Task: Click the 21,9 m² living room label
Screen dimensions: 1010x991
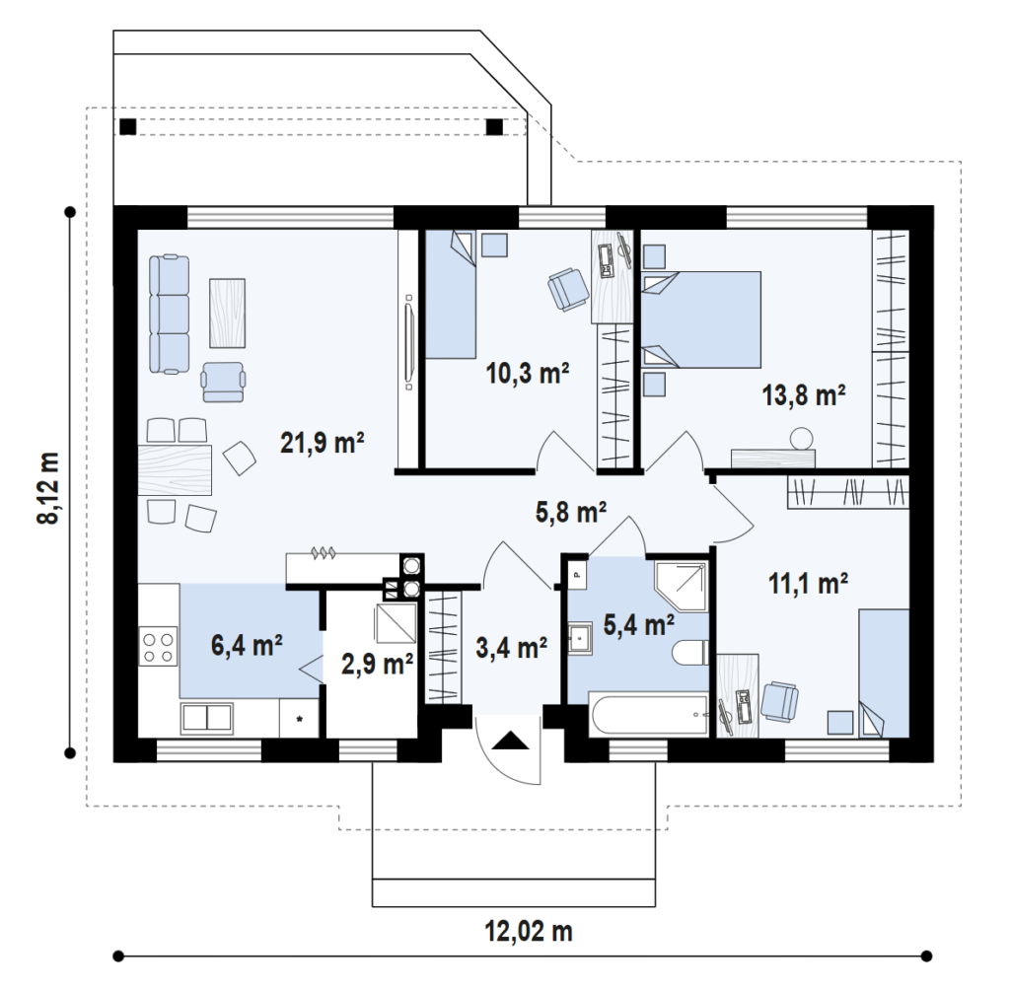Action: coord(323,443)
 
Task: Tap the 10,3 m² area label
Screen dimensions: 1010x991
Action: coord(528,373)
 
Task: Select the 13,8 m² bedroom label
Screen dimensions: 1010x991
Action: coord(804,394)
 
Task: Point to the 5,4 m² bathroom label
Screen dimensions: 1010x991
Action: coord(639,624)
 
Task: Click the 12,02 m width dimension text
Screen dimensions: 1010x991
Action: coord(529,931)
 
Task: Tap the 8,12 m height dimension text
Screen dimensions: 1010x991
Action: coord(49,487)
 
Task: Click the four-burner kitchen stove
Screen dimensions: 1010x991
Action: coord(159,647)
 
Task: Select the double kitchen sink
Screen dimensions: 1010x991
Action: coord(207,719)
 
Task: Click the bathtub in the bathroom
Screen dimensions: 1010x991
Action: coord(648,714)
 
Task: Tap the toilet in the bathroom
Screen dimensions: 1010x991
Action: coord(689,653)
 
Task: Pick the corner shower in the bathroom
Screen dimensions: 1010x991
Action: coord(681,587)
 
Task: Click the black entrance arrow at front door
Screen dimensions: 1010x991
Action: coord(510,741)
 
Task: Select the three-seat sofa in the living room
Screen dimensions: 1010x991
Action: coord(169,315)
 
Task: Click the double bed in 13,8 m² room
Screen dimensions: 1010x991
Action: coord(701,320)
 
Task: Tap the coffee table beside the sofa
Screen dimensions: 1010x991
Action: coord(228,313)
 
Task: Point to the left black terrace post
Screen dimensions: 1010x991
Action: coord(128,127)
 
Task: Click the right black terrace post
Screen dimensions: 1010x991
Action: coord(494,127)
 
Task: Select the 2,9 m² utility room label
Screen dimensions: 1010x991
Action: coord(377,664)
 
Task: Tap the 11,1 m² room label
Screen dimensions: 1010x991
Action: coord(808,584)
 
